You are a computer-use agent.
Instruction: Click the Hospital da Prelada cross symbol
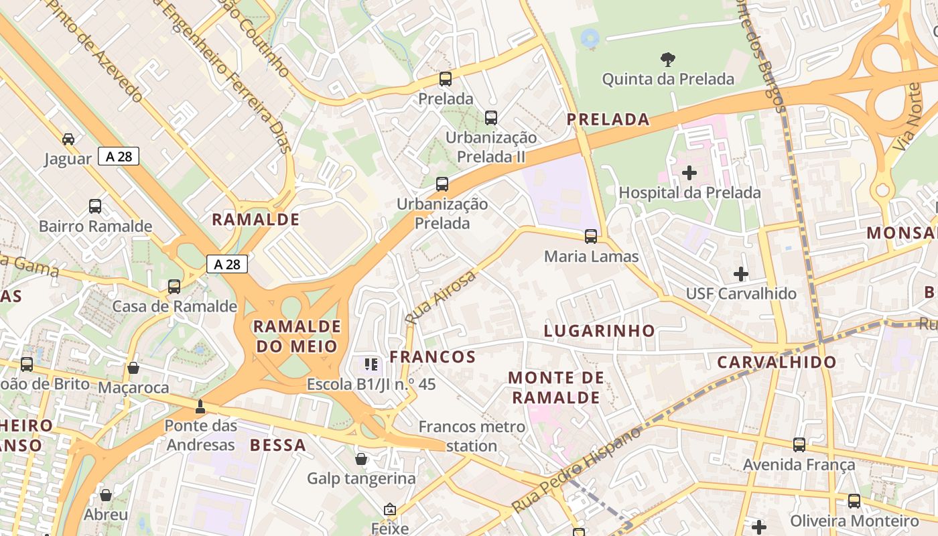coord(689,174)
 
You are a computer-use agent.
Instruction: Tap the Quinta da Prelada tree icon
coord(667,60)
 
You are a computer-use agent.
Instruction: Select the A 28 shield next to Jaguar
coord(119,156)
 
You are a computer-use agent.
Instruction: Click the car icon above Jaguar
coord(68,139)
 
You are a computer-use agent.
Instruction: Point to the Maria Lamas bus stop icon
coord(590,237)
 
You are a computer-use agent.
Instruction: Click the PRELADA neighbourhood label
coord(608,120)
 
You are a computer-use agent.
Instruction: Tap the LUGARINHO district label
coord(599,330)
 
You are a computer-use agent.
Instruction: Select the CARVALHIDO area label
coord(777,362)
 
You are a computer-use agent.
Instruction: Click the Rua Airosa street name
coord(441,297)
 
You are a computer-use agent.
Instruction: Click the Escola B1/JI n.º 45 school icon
coord(371,364)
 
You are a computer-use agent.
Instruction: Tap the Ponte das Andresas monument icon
coord(200,406)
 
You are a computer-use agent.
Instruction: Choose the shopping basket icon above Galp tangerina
coord(361,459)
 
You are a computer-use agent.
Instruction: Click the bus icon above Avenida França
coord(799,445)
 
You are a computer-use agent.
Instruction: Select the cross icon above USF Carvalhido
coord(740,274)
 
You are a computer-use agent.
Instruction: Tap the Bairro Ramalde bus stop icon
coord(95,206)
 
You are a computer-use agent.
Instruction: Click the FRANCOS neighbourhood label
coord(432,356)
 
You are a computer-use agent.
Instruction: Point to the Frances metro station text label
coord(471,435)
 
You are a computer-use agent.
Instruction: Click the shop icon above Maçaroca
coord(133,368)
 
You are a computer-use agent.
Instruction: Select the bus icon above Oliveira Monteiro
coord(854,501)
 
